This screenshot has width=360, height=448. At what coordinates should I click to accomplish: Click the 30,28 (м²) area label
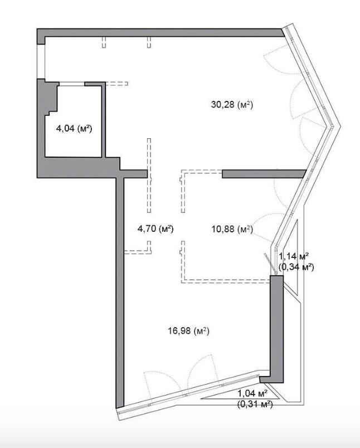(x=232, y=105)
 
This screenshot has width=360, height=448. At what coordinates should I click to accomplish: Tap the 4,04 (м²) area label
(x=74, y=129)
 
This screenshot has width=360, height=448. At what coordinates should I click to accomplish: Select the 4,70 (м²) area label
(x=155, y=228)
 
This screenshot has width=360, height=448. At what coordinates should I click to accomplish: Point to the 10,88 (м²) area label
(x=232, y=229)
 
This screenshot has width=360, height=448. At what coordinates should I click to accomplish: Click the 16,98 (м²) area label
(x=188, y=331)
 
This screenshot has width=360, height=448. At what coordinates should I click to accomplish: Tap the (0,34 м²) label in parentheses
(x=296, y=267)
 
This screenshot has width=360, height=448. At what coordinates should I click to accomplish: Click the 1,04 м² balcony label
(x=252, y=393)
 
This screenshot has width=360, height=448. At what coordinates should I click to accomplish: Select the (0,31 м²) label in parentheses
(x=255, y=405)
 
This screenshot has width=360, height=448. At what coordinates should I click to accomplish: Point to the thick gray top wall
(x=160, y=32)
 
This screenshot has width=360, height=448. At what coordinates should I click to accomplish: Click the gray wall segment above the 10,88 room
(x=264, y=174)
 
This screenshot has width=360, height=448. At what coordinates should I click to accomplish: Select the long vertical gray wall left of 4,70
(x=120, y=291)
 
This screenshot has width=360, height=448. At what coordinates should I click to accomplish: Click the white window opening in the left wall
(x=41, y=61)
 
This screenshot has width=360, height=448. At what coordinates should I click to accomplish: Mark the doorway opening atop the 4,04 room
(x=72, y=84)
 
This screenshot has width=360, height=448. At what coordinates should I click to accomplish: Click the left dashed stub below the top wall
(x=104, y=42)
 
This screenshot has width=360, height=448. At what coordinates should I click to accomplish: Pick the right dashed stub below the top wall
(x=149, y=42)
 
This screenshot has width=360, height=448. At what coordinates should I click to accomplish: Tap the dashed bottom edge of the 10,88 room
(x=226, y=281)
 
